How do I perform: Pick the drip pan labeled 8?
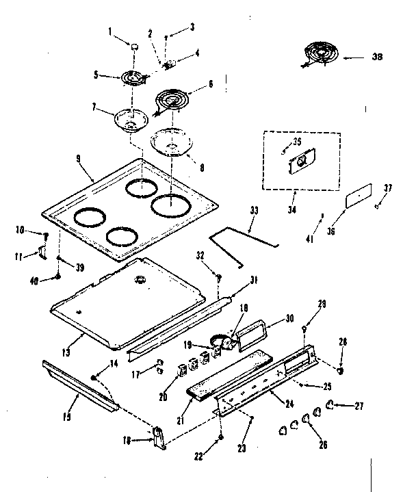pos(168,142)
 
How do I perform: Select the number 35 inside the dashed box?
pos(297,142)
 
